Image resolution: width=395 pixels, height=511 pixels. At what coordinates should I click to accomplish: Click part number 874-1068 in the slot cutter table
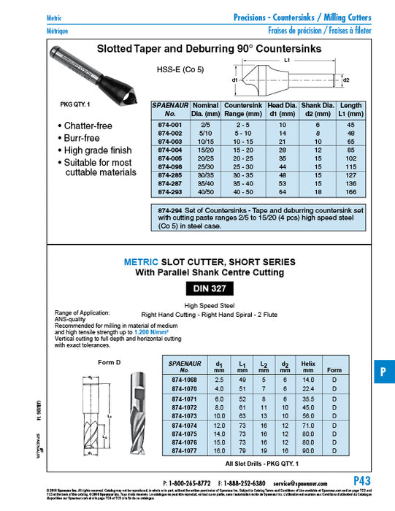[183, 380]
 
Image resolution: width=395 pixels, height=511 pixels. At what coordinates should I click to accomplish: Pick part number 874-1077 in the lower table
[183, 453]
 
